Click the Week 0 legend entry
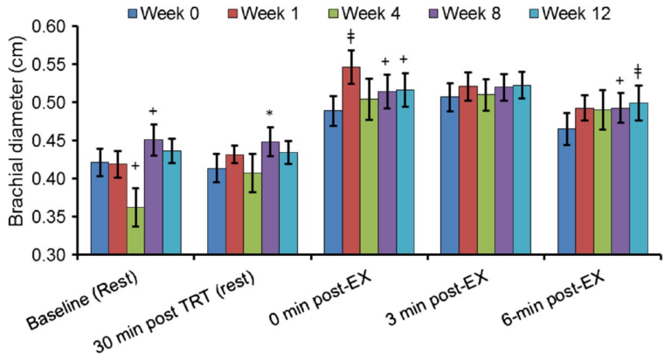point(163,14)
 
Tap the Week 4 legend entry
point(365,14)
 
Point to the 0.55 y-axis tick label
point(49,65)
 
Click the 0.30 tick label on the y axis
point(49,255)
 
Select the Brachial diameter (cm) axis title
point(17,131)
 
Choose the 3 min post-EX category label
point(437,297)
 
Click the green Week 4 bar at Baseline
point(135,231)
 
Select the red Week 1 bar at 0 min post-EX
point(351,161)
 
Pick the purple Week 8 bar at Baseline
point(154,197)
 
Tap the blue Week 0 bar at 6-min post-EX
point(566,191)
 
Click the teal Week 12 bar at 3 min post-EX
point(522,170)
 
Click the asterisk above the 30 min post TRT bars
point(269,114)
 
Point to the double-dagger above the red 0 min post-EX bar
point(351,36)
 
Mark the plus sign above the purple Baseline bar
point(153,111)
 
